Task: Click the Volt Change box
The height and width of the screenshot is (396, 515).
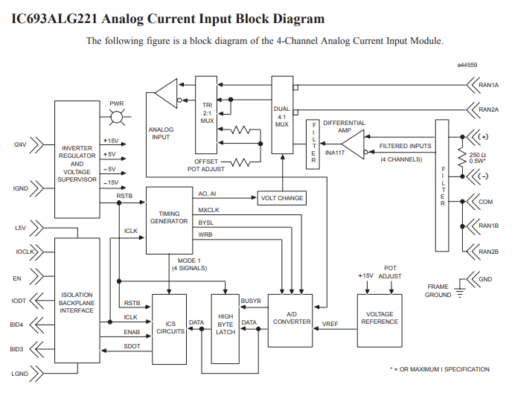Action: pyautogui.click(x=281, y=198)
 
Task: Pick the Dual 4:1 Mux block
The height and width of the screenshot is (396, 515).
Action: pyautogui.click(x=282, y=115)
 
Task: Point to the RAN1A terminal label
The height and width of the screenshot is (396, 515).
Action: pyautogui.click(x=489, y=86)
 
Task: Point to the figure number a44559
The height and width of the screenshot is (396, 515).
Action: pyautogui.click(x=467, y=66)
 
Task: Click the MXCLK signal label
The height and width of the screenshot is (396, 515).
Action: pyautogui.click(x=208, y=211)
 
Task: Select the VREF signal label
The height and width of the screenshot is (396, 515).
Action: pyautogui.click(x=330, y=325)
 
